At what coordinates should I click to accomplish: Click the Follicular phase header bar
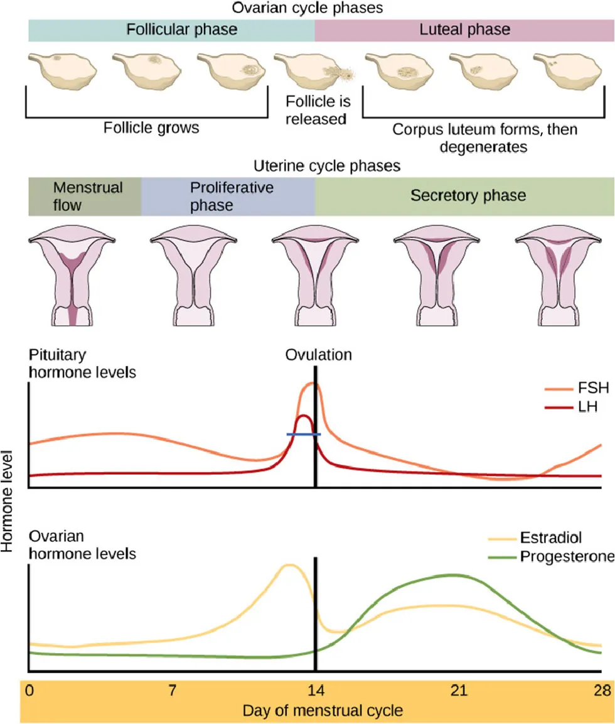click(x=171, y=30)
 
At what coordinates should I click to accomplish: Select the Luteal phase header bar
click(x=464, y=30)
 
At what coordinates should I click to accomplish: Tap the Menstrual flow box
click(x=85, y=196)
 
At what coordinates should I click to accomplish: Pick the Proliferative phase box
click(x=228, y=196)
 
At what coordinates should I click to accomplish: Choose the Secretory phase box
click(x=464, y=196)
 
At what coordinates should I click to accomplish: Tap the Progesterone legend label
click(x=565, y=556)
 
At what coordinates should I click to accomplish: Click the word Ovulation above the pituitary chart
click(x=318, y=355)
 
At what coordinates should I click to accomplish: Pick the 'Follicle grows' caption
click(x=151, y=128)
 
